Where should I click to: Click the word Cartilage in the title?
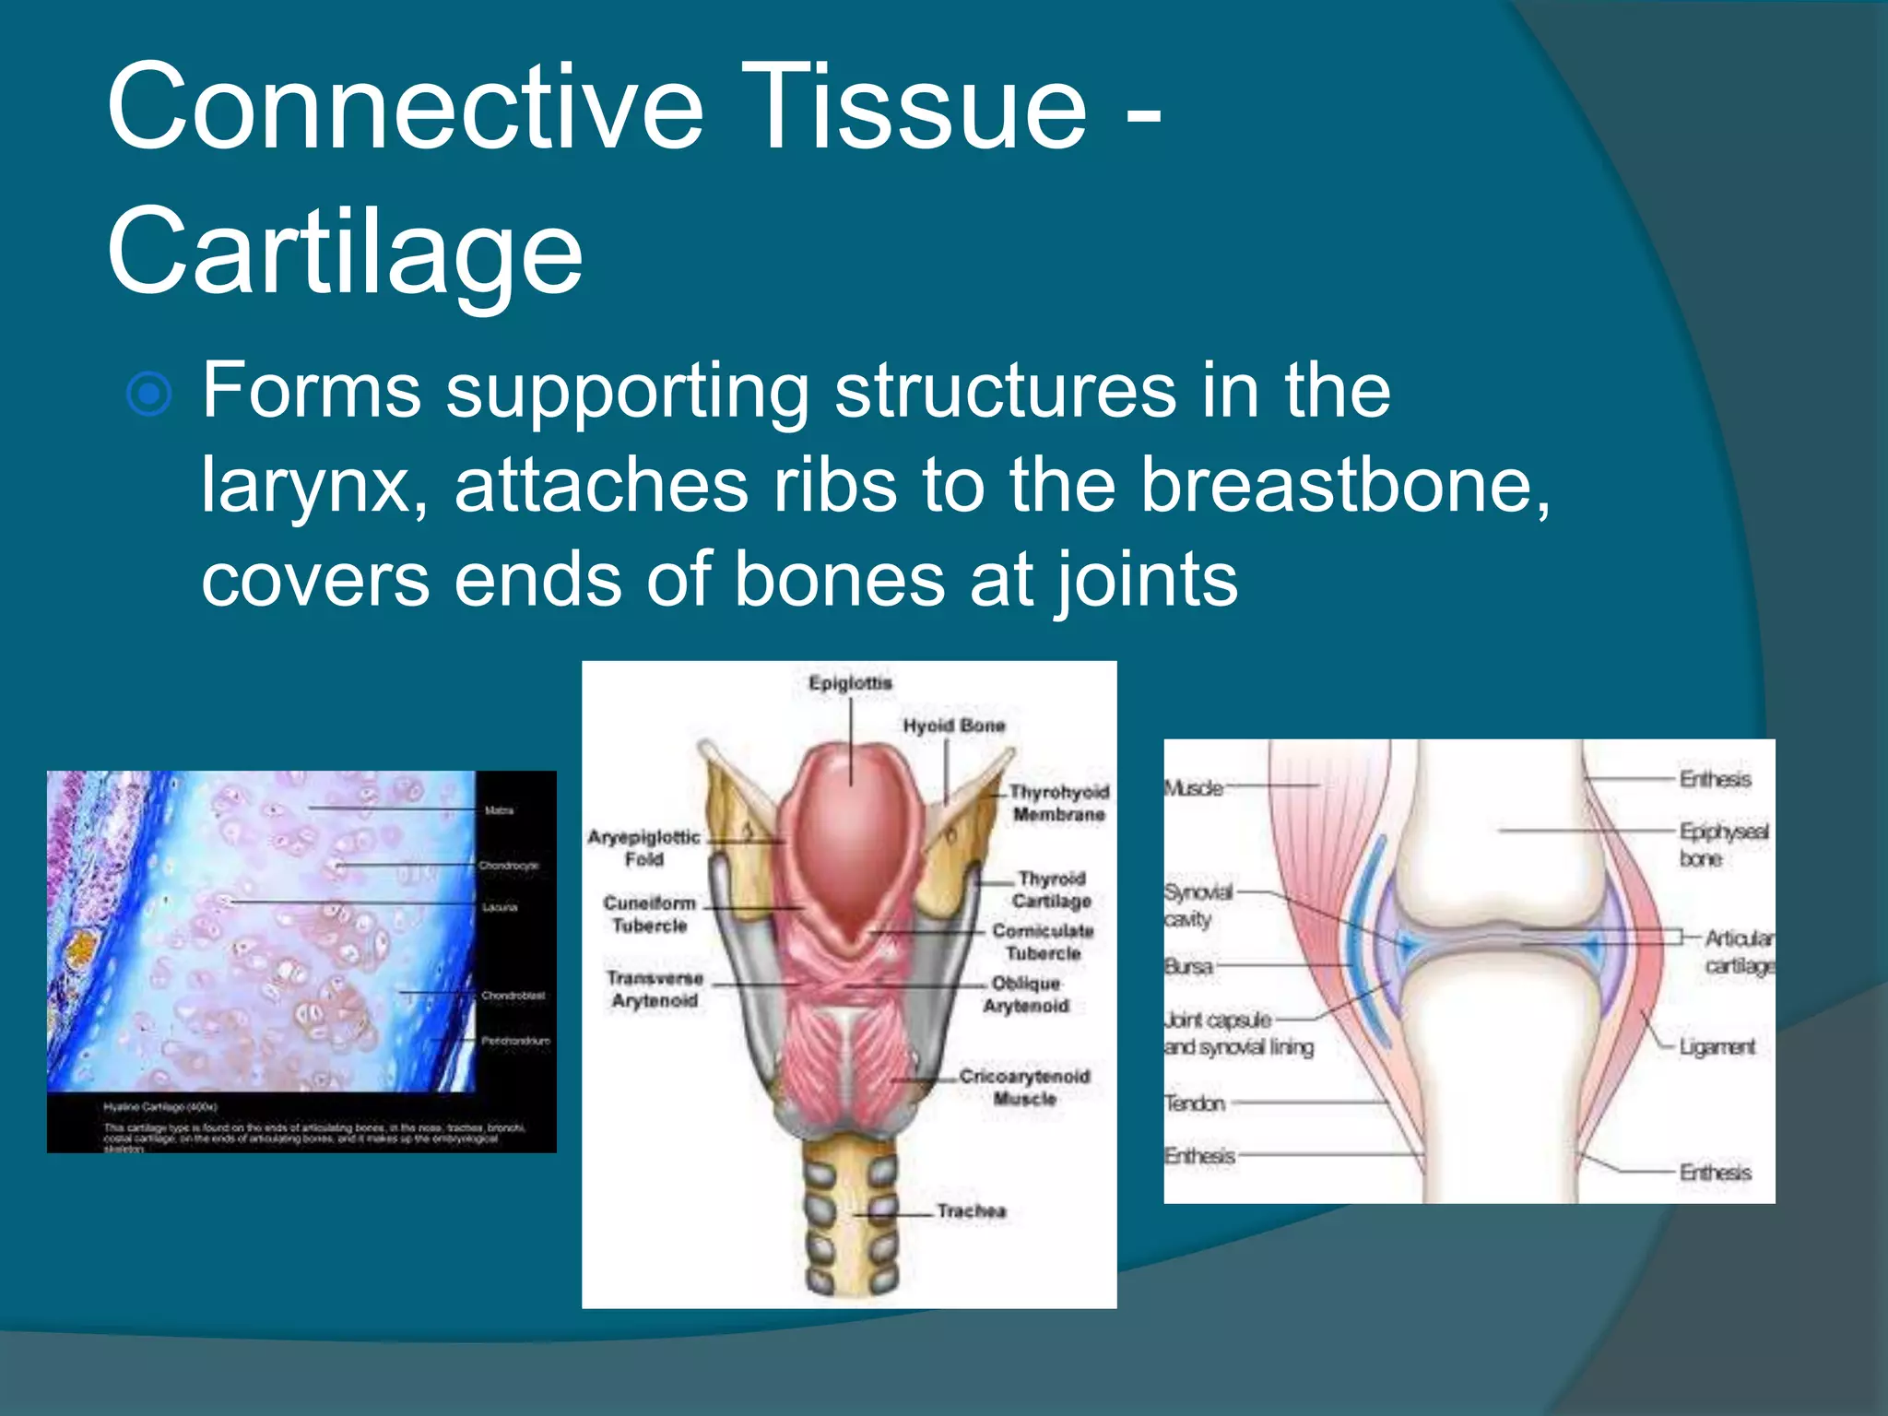click(x=345, y=251)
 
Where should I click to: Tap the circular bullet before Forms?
click(x=148, y=395)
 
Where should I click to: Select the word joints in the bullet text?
click(x=1146, y=581)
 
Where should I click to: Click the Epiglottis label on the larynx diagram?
click(x=850, y=683)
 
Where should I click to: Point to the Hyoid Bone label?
click(x=953, y=726)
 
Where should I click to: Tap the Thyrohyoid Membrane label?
click(x=1058, y=803)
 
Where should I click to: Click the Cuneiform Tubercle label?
click(x=650, y=914)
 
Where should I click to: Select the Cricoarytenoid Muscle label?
click(x=1024, y=1087)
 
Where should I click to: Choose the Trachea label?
click(x=971, y=1210)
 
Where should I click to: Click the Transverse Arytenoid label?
click(x=655, y=989)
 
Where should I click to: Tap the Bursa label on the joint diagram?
click(x=1188, y=967)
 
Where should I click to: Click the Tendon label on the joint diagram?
click(x=1195, y=1103)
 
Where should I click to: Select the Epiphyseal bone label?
click(x=1722, y=844)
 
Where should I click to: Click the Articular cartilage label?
click(x=1738, y=951)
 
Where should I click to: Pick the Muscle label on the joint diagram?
click(x=1193, y=788)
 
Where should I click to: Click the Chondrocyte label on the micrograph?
click(x=508, y=866)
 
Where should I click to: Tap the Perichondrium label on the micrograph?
click(x=515, y=1041)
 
